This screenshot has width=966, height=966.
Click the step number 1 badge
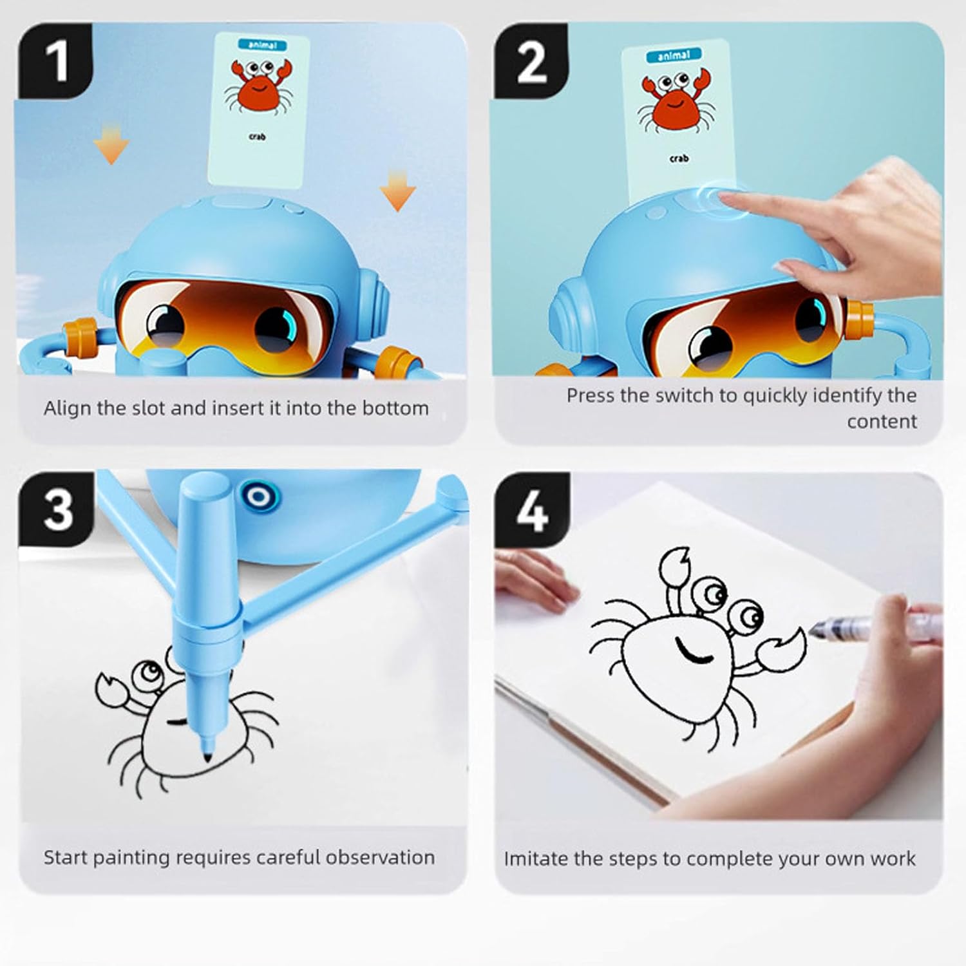[56, 61]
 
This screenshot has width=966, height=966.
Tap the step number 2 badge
[531, 61]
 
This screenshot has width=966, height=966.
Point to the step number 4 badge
[532, 510]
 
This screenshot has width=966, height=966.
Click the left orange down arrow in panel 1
[111, 144]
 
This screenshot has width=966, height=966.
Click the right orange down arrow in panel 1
[397, 189]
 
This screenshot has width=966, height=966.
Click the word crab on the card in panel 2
[679, 158]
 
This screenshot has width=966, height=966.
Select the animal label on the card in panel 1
[262, 45]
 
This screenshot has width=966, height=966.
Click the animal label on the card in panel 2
[673, 55]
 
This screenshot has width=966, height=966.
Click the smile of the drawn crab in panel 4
[693, 650]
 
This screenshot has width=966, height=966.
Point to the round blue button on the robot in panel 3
[259, 497]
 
